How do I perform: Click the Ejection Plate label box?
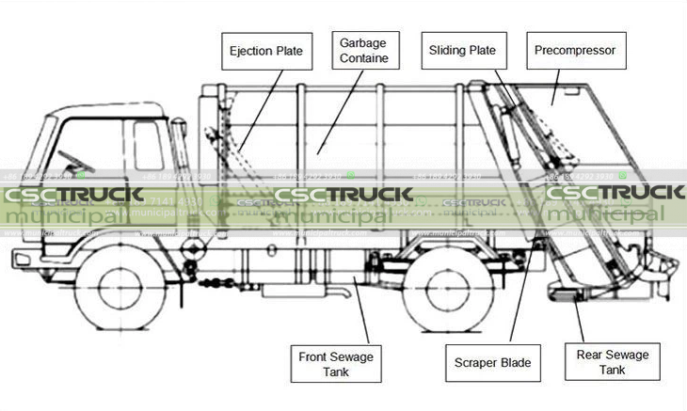(x=266, y=51)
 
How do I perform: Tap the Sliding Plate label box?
(x=462, y=50)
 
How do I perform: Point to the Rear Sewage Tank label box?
(x=612, y=363)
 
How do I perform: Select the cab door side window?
(x=148, y=146)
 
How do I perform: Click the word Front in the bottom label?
(x=314, y=356)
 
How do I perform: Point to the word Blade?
(x=514, y=363)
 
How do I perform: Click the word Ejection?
(x=250, y=51)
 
